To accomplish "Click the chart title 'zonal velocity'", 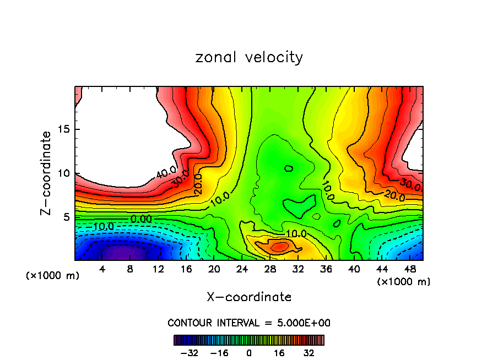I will [x=249, y=57].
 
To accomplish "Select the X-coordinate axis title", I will [x=249, y=297].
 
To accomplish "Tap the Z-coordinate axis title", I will [x=46, y=173].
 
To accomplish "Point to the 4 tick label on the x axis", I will [x=102, y=269].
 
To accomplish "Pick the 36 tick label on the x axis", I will [x=326, y=269].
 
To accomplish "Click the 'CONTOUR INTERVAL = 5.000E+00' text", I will [x=249, y=323].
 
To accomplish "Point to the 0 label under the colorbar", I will [x=249, y=353].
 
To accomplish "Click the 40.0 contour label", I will [x=166, y=174].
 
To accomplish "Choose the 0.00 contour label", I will [x=141, y=219].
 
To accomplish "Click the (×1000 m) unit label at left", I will [x=53, y=275].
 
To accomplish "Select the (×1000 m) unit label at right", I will [x=403, y=281].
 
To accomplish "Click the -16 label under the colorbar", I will [x=219, y=353].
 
